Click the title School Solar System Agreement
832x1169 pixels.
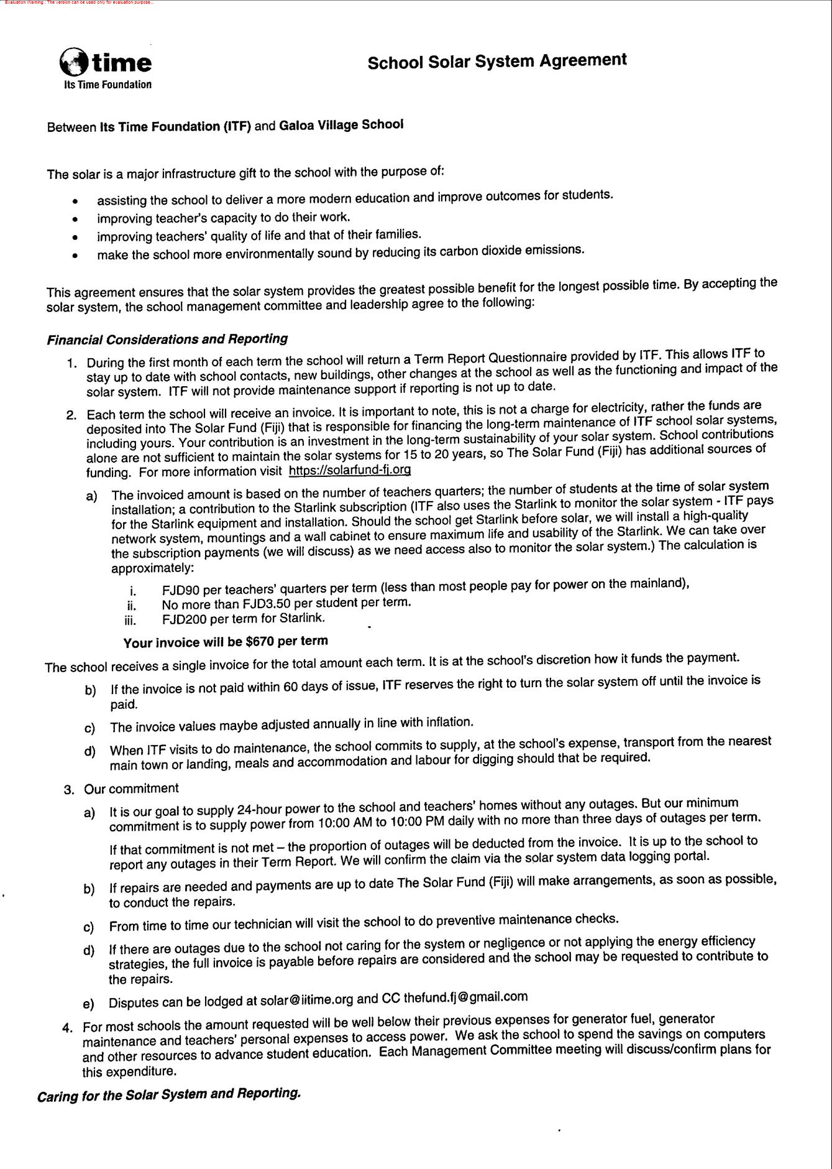click(496, 61)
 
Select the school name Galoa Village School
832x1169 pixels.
click(341, 124)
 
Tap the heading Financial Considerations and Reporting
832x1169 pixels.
click(167, 340)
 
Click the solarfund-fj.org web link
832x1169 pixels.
click(350, 470)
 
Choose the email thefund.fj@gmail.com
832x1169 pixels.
click(465, 997)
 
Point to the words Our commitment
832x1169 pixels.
click(131, 788)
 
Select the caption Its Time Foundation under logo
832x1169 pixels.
click(107, 85)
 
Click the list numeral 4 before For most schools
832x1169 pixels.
click(67, 1027)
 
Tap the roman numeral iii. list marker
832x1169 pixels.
click(130, 620)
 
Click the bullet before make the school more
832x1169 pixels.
click(75, 255)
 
